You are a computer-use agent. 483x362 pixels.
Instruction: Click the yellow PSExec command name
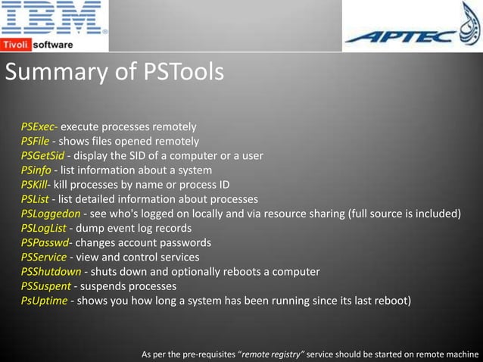pos(38,126)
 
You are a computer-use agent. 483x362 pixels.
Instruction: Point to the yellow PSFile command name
pos(35,141)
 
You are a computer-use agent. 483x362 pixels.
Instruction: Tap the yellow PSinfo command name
pos(36,170)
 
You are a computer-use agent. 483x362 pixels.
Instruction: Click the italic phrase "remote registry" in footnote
pos(271,354)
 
